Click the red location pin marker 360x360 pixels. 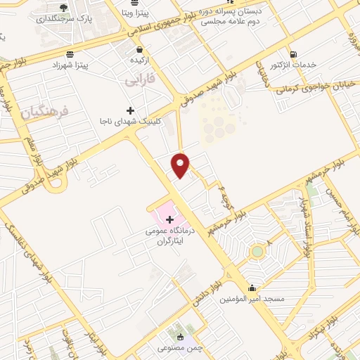pos(181,165)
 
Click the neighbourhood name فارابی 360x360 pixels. pos(139,82)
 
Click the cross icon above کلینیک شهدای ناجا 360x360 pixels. pos(130,110)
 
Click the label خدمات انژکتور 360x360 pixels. pos(293,65)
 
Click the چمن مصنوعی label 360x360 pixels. pos(181,348)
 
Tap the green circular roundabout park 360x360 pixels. pos(257,251)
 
